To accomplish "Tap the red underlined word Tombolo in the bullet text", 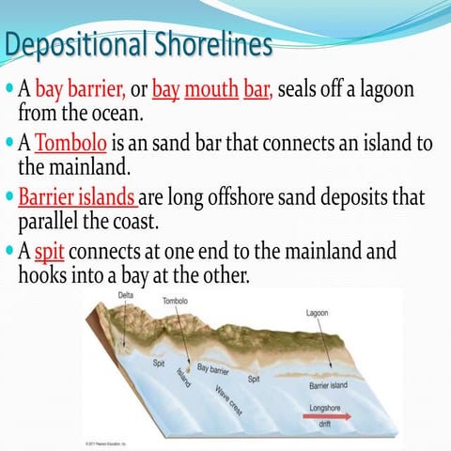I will pos(71,146).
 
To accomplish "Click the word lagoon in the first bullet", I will pos(379,91).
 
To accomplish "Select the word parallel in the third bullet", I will pos(53,224).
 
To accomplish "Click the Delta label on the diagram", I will pos(125,296).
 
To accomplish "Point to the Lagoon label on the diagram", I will pos(318,313).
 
